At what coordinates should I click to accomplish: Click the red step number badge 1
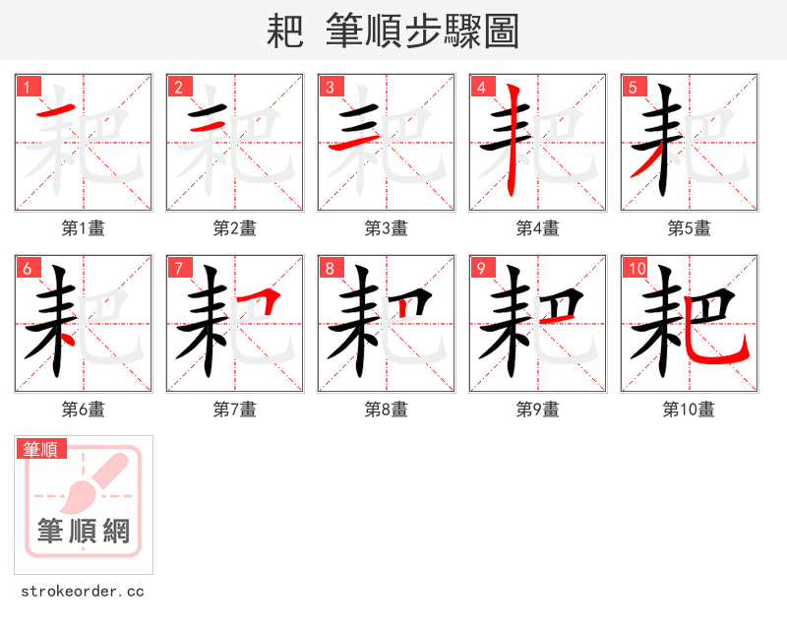[28, 87]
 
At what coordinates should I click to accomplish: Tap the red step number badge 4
[482, 87]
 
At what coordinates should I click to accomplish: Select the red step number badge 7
[179, 268]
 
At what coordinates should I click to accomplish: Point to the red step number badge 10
[636, 268]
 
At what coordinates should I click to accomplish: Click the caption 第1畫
[84, 228]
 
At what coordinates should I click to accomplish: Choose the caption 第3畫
[387, 228]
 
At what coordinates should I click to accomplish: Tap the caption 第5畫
[690, 228]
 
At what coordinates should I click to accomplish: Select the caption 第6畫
[84, 410]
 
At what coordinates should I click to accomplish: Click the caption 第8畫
[387, 410]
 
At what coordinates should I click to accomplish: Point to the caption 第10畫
[690, 410]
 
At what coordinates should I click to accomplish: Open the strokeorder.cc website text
[83, 592]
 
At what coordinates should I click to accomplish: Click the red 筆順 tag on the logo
[41, 449]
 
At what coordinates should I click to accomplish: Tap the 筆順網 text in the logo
[84, 532]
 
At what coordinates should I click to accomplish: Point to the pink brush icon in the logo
[93, 482]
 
